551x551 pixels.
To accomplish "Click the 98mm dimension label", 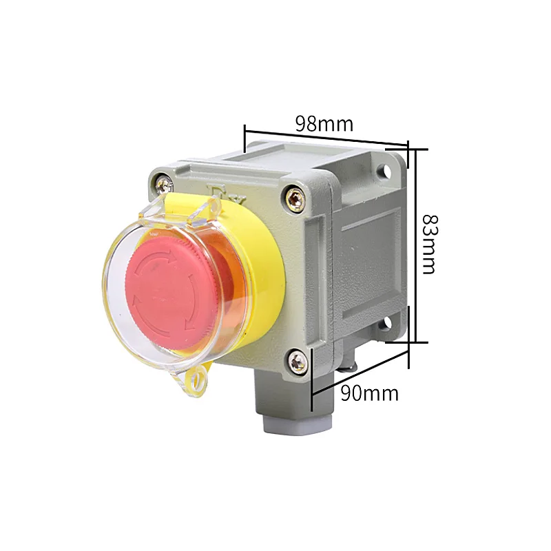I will (324, 124).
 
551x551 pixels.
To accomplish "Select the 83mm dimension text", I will (429, 244).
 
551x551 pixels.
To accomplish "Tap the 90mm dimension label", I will (370, 393).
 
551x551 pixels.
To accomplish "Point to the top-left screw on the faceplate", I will (163, 182).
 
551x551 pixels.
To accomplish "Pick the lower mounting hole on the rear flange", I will (386, 322).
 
